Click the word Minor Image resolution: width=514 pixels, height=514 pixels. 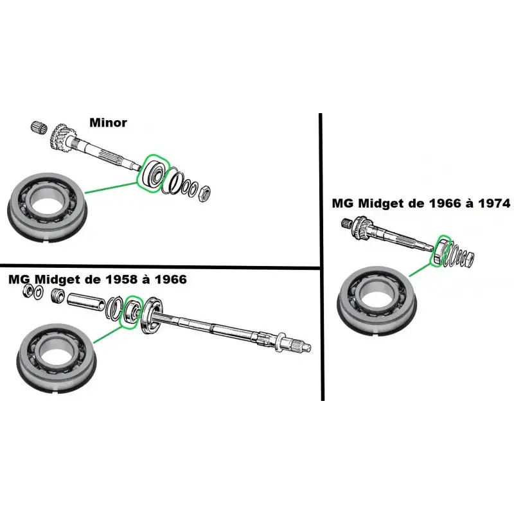coord(108,123)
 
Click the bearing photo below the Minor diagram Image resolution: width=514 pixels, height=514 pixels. coord(47,208)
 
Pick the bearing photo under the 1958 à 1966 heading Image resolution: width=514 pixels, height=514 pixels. coord(57,359)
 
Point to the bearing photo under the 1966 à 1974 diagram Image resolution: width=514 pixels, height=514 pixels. coord(377,301)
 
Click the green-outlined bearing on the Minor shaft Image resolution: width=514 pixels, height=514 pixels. coord(154,173)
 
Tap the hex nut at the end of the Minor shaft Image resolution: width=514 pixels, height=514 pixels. coord(204,193)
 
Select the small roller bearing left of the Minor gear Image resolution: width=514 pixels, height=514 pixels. coord(39,127)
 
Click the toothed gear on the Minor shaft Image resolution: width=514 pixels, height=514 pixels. coord(62,137)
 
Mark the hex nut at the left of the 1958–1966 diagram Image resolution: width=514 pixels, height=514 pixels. coord(28,291)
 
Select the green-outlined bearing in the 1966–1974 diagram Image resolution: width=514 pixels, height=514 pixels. coord(439,251)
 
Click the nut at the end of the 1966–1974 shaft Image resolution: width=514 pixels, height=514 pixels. coord(469,260)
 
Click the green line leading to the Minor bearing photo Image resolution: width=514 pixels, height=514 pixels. coord(111,188)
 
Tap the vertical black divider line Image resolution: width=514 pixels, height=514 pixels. coord(322,257)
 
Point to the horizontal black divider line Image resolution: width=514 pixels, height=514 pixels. coord(159,267)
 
